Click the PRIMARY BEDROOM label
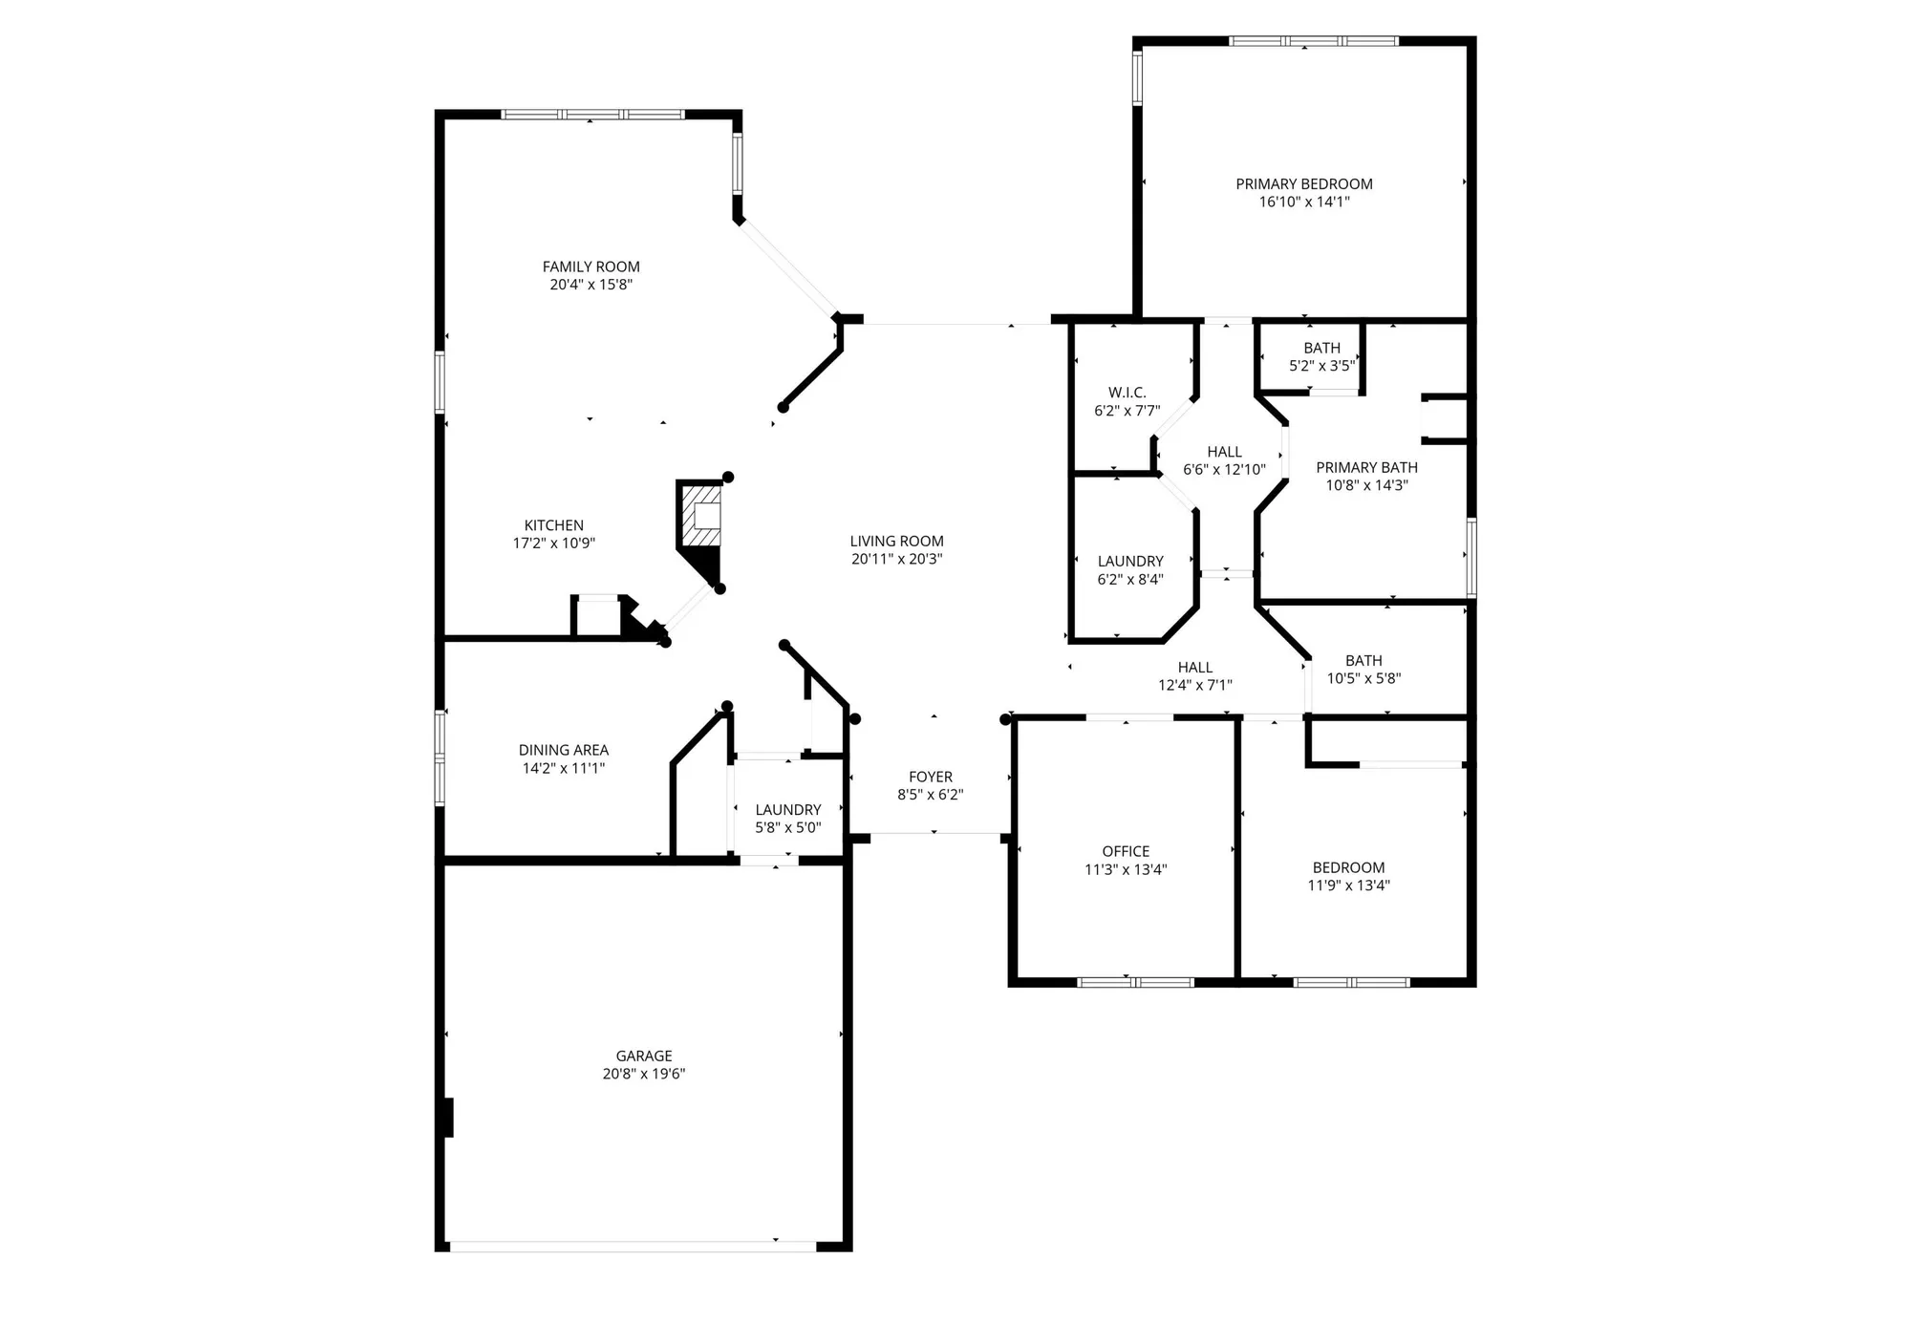tap(1303, 184)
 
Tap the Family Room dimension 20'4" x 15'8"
tap(590, 285)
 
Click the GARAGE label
tap(643, 1056)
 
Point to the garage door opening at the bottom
tap(633, 1246)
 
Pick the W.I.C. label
tap(1127, 393)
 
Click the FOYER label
tap(930, 777)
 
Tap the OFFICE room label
tap(1125, 851)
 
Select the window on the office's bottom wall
tap(1135, 982)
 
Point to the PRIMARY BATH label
tap(1366, 467)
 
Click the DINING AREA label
tap(563, 750)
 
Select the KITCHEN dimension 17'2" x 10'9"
tap(553, 544)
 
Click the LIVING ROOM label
tap(896, 541)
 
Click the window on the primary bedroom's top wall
tap(1313, 41)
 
